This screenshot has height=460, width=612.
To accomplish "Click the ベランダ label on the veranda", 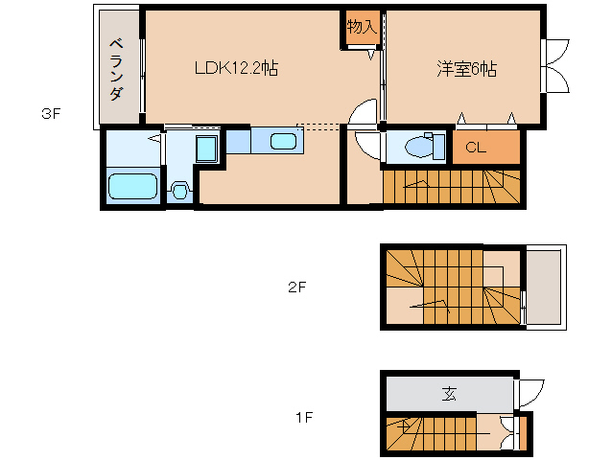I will click(x=116, y=69).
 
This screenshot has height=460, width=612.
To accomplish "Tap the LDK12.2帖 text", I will click(x=236, y=69).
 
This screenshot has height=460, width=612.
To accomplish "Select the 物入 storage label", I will click(x=361, y=27).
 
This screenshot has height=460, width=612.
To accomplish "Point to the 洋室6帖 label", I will click(x=467, y=69).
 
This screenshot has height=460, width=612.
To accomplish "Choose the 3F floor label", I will click(x=51, y=114).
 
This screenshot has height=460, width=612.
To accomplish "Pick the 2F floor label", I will click(x=297, y=287).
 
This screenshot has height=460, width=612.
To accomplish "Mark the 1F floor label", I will click(x=303, y=418).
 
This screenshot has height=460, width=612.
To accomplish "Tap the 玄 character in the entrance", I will click(x=449, y=393).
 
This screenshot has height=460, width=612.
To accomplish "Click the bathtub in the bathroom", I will click(x=131, y=187).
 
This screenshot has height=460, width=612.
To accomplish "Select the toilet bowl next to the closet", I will click(x=420, y=147).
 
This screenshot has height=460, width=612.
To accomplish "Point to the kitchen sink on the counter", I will click(x=283, y=142).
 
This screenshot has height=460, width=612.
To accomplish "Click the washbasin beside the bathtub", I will click(x=178, y=190).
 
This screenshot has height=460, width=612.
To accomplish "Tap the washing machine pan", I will click(x=205, y=149).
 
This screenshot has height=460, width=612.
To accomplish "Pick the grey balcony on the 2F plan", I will click(x=544, y=287).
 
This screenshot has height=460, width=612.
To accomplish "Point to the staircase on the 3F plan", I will click(x=452, y=186).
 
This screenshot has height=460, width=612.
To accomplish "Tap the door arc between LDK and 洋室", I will click(x=365, y=114).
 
